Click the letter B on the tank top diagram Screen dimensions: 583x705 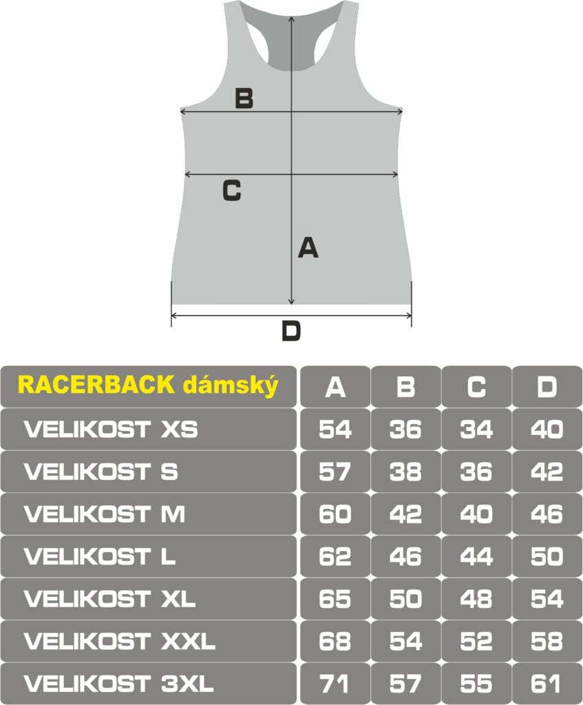pyautogui.click(x=244, y=98)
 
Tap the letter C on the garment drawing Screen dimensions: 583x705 pyautogui.click(x=232, y=190)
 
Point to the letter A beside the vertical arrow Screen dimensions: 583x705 pyautogui.click(x=308, y=248)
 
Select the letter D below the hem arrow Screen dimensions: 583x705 pyautogui.click(x=291, y=331)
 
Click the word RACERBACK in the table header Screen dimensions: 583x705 pyautogui.click(x=96, y=385)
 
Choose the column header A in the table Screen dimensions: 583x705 pyautogui.click(x=335, y=387)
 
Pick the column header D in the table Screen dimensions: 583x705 pyautogui.click(x=547, y=387)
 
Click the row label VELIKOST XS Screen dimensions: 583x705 pyautogui.click(x=111, y=430)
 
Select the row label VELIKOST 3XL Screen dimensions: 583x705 pyautogui.click(x=118, y=684)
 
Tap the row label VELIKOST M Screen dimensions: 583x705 pyautogui.click(x=105, y=514)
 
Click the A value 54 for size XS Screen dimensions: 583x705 pyautogui.click(x=335, y=430)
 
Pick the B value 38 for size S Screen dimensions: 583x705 pyautogui.click(x=405, y=472)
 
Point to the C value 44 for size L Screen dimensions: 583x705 pyautogui.click(x=476, y=556)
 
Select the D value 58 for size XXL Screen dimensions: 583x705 pyautogui.click(x=547, y=641)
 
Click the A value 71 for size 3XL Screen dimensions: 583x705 pyautogui.click(x=335, y=684)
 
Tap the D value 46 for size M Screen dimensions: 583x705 pyautogui.click(x=547, y=514)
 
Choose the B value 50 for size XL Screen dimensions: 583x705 pyautogui.click(x=405, y=599)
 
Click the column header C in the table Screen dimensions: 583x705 pyautogui.click(x=476, y=387)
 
